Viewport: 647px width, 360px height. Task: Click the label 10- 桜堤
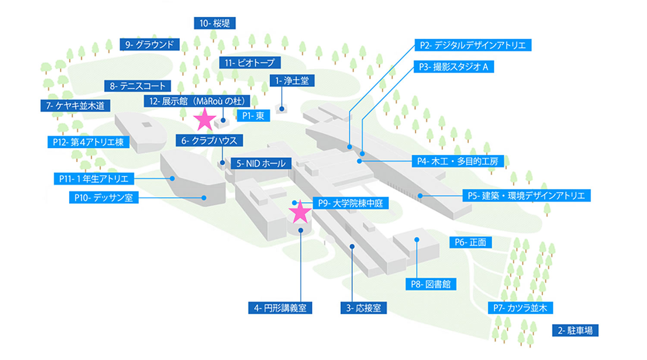(214, 23)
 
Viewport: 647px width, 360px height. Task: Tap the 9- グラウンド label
(149, 44)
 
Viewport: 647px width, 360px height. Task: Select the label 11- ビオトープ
(249, 63)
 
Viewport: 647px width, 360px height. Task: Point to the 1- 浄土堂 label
(292, 81)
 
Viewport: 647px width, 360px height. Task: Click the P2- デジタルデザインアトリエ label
(473, 45)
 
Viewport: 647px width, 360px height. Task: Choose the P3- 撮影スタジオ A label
(453, 67)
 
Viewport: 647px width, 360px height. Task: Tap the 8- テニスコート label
(137, 86)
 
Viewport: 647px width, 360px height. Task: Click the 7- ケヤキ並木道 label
(75, 106)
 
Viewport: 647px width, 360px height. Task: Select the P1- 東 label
(253, 116)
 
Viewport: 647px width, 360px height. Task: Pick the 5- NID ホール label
(261, 163)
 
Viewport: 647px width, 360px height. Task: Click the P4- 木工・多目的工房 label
(457, 161)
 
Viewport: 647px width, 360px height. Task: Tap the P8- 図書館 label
(430, 284)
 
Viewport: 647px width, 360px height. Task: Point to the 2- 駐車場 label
(575, 331)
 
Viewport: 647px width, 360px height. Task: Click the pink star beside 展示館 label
(204, 119)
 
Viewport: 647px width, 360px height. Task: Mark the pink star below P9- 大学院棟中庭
(299, 212)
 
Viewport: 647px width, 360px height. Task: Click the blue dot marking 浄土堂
(282, 109)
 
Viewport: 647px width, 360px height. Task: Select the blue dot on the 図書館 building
(417, 240)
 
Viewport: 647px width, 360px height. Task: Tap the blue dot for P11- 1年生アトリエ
(172, 178)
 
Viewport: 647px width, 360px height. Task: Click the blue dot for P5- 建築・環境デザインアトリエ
(420, 196)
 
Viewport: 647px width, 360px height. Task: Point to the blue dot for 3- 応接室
(352, 247)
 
